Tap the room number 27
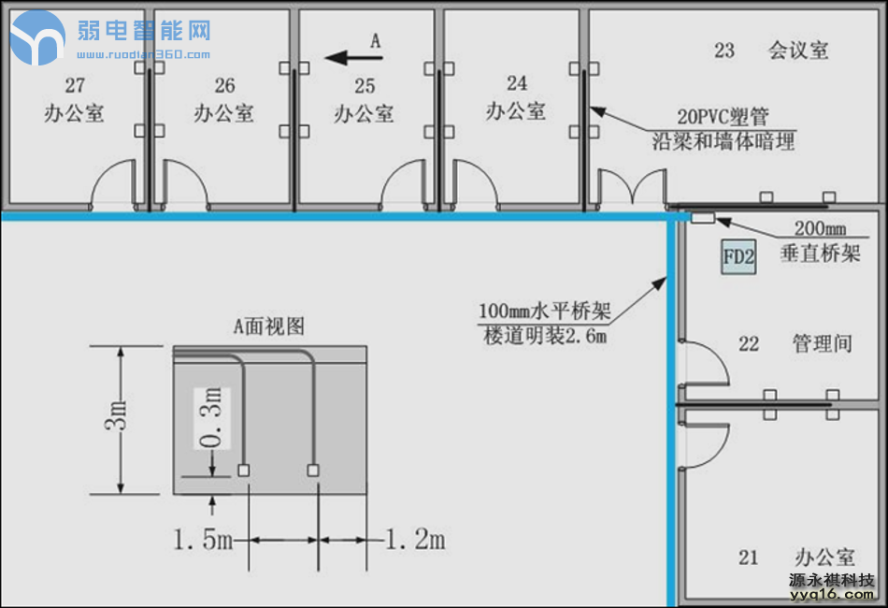pos(75,86)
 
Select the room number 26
pos(224,86)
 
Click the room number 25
pos(365,86)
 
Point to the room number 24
pos(517,84)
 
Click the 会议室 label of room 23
pos(798,51)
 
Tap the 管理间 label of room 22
pos(822,343)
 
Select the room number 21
pos(748,557)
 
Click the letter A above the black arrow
pos(376,40)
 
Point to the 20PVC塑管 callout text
pos(723,118)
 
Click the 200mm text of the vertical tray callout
pos(820,229)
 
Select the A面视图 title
pos(268,326)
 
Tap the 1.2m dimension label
pos(416,540)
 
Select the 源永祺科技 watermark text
pos(831,579)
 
